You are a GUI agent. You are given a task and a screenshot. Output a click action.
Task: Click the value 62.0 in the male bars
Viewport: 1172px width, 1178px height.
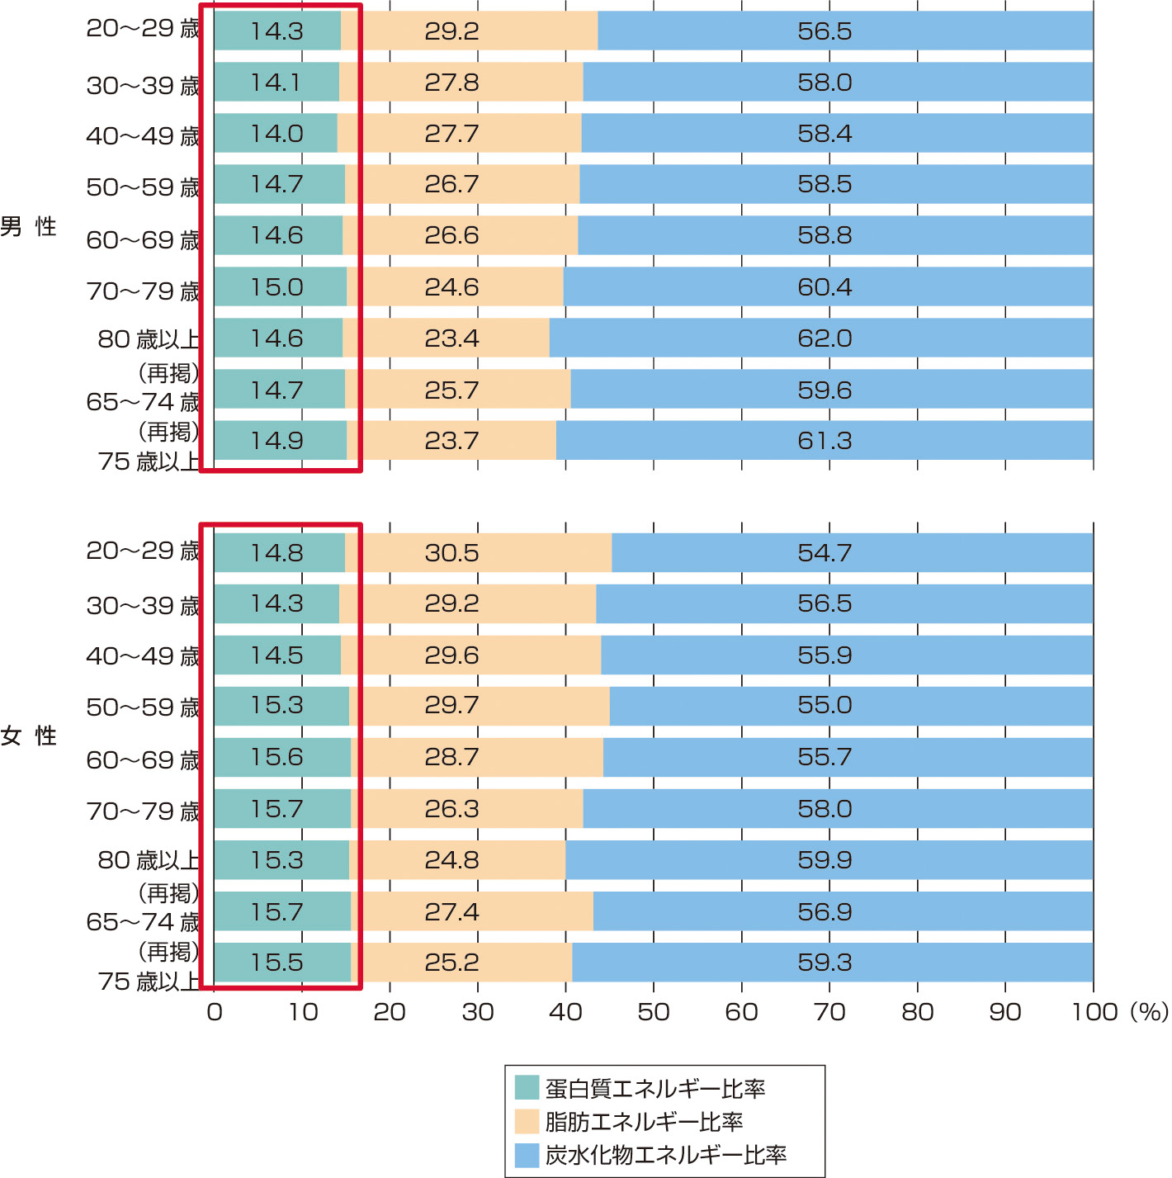pos(825,338)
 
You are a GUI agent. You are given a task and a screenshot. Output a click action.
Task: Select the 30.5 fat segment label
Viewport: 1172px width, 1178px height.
pos(451,552)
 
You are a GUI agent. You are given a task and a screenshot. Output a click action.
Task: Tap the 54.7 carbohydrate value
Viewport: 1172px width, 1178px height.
pos(825,552)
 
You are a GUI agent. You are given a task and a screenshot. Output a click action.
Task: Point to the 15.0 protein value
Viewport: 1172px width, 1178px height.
pos(276,287)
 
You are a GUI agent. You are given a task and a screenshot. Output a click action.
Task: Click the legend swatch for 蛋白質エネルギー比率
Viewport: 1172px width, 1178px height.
pos(527,1088)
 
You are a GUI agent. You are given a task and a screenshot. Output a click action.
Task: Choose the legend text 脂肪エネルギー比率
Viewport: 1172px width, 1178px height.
pos(644,1121)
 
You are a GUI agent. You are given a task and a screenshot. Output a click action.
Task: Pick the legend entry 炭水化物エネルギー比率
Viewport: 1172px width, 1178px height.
pos(665,1155)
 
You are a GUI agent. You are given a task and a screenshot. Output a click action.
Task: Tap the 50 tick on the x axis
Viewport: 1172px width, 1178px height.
pos(653,1012)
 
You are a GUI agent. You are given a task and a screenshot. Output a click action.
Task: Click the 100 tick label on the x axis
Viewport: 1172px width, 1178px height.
pos(1094,1012)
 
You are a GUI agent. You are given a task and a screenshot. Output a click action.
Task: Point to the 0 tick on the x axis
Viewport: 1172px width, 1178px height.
pos(215,1012)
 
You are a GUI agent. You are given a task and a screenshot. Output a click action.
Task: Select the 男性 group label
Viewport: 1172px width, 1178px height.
pos(28,226)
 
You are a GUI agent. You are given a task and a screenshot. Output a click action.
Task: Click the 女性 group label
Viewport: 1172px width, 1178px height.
pos(28,736)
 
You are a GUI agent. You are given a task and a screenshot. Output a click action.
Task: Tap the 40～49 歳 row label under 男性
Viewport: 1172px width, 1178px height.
pos(143,135)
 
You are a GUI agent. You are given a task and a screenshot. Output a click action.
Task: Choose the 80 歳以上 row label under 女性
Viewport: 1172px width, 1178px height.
pos(149,860)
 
